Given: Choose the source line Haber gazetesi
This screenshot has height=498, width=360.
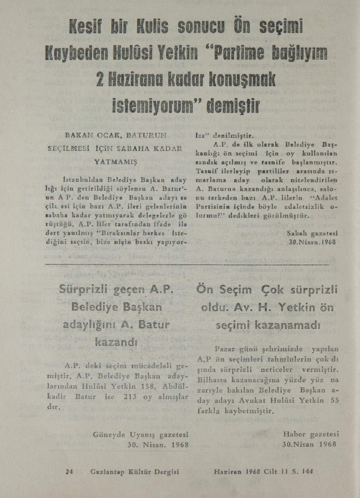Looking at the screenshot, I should (x=311, y=434).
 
